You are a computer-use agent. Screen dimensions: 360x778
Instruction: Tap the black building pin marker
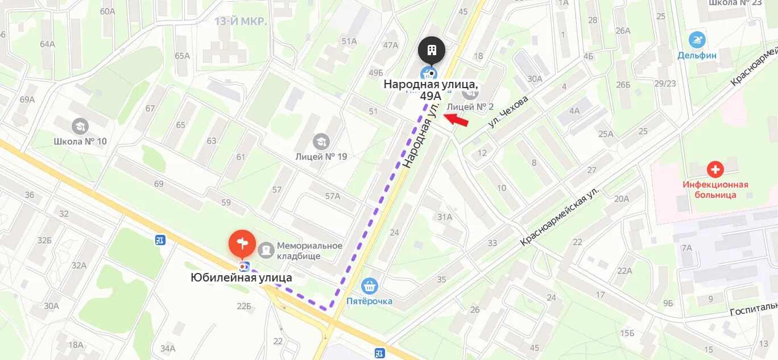432,51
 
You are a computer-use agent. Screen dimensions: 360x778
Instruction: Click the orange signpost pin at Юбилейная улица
242,243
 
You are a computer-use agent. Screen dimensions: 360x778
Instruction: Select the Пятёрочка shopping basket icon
370,285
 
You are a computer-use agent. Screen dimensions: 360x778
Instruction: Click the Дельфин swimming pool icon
697,40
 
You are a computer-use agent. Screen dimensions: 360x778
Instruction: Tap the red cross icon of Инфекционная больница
715,169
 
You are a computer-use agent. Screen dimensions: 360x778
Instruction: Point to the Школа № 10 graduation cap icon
80,126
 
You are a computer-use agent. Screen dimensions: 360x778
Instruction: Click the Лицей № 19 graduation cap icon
321,142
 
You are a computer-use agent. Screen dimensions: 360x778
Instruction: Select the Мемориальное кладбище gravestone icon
266,249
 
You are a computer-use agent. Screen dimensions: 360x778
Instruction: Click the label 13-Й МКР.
241,22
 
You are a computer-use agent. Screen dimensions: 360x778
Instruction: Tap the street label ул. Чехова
508,111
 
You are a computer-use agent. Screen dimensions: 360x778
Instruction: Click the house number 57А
332,196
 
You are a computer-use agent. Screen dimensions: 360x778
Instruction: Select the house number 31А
445,217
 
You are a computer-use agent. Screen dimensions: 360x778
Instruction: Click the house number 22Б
244,306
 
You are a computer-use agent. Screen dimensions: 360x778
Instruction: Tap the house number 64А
47,44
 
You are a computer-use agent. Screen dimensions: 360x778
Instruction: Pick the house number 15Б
627,333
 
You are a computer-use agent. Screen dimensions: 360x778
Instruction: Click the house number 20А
622,198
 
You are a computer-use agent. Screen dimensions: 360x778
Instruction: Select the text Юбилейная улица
241,278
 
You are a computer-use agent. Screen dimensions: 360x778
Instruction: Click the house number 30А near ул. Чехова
535,79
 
